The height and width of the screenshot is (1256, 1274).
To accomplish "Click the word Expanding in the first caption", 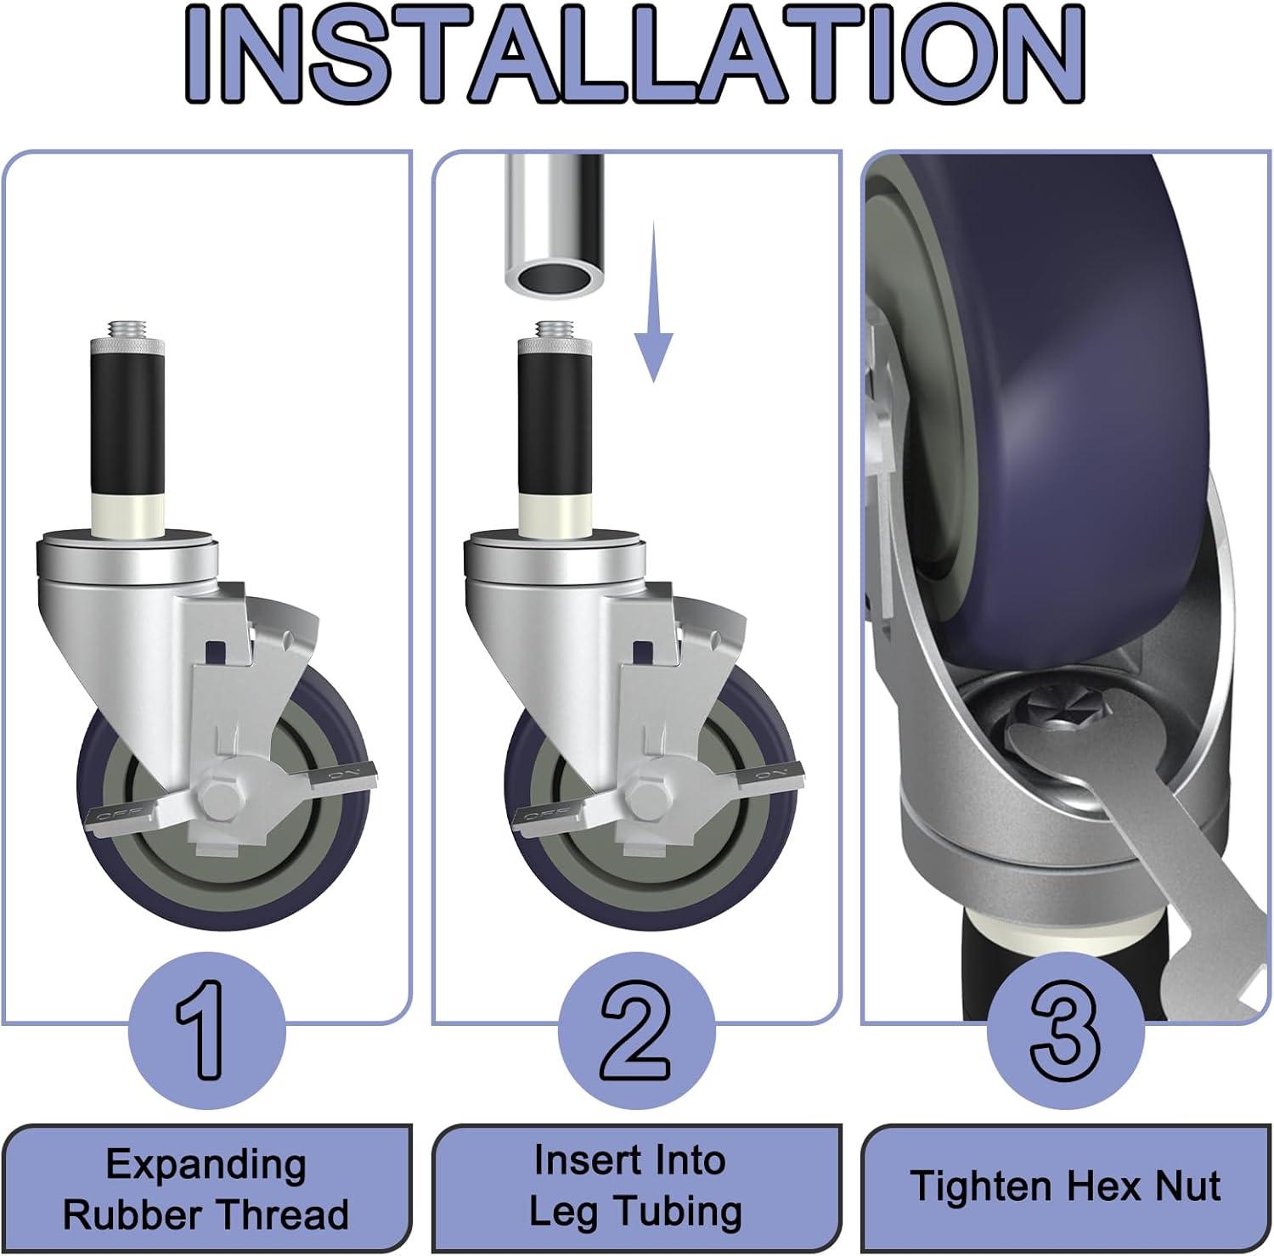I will click(x=206, y=1164).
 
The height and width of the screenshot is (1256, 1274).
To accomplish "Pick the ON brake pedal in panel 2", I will click(x=771, y=774).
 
